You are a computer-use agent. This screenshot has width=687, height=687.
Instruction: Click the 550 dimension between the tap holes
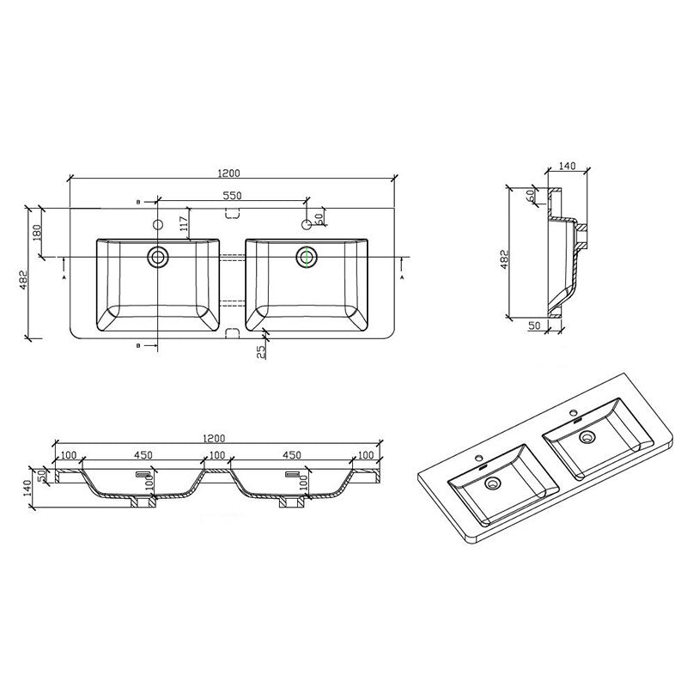(x=232, y=196)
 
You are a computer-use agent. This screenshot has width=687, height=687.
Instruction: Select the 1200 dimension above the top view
(x=228, y=172)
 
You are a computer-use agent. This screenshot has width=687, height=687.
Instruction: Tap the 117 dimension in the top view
(x=183, y=226)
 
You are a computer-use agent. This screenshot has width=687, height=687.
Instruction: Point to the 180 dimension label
(x=38, y=233)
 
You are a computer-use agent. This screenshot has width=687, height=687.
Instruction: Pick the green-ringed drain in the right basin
(x=307, y=256)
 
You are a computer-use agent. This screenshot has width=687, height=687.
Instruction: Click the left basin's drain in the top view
(x=158, y=256)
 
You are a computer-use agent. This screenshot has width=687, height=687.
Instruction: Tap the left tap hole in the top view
(x=157, y=225)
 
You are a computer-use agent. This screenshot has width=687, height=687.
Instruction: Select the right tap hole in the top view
(x=307, y=225)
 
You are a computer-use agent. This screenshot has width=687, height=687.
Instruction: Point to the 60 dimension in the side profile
(x=532, y=197)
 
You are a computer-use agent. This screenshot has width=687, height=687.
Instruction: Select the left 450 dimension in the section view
(x=143, y=454)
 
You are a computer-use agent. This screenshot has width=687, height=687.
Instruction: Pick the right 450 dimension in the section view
(x=292, y=454)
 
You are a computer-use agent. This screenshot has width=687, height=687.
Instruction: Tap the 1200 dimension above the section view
(x=214, y=438)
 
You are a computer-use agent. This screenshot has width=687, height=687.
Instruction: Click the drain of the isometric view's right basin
(x=588, y=438)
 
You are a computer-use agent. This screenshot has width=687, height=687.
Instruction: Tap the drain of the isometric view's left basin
(x=493, y=484)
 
